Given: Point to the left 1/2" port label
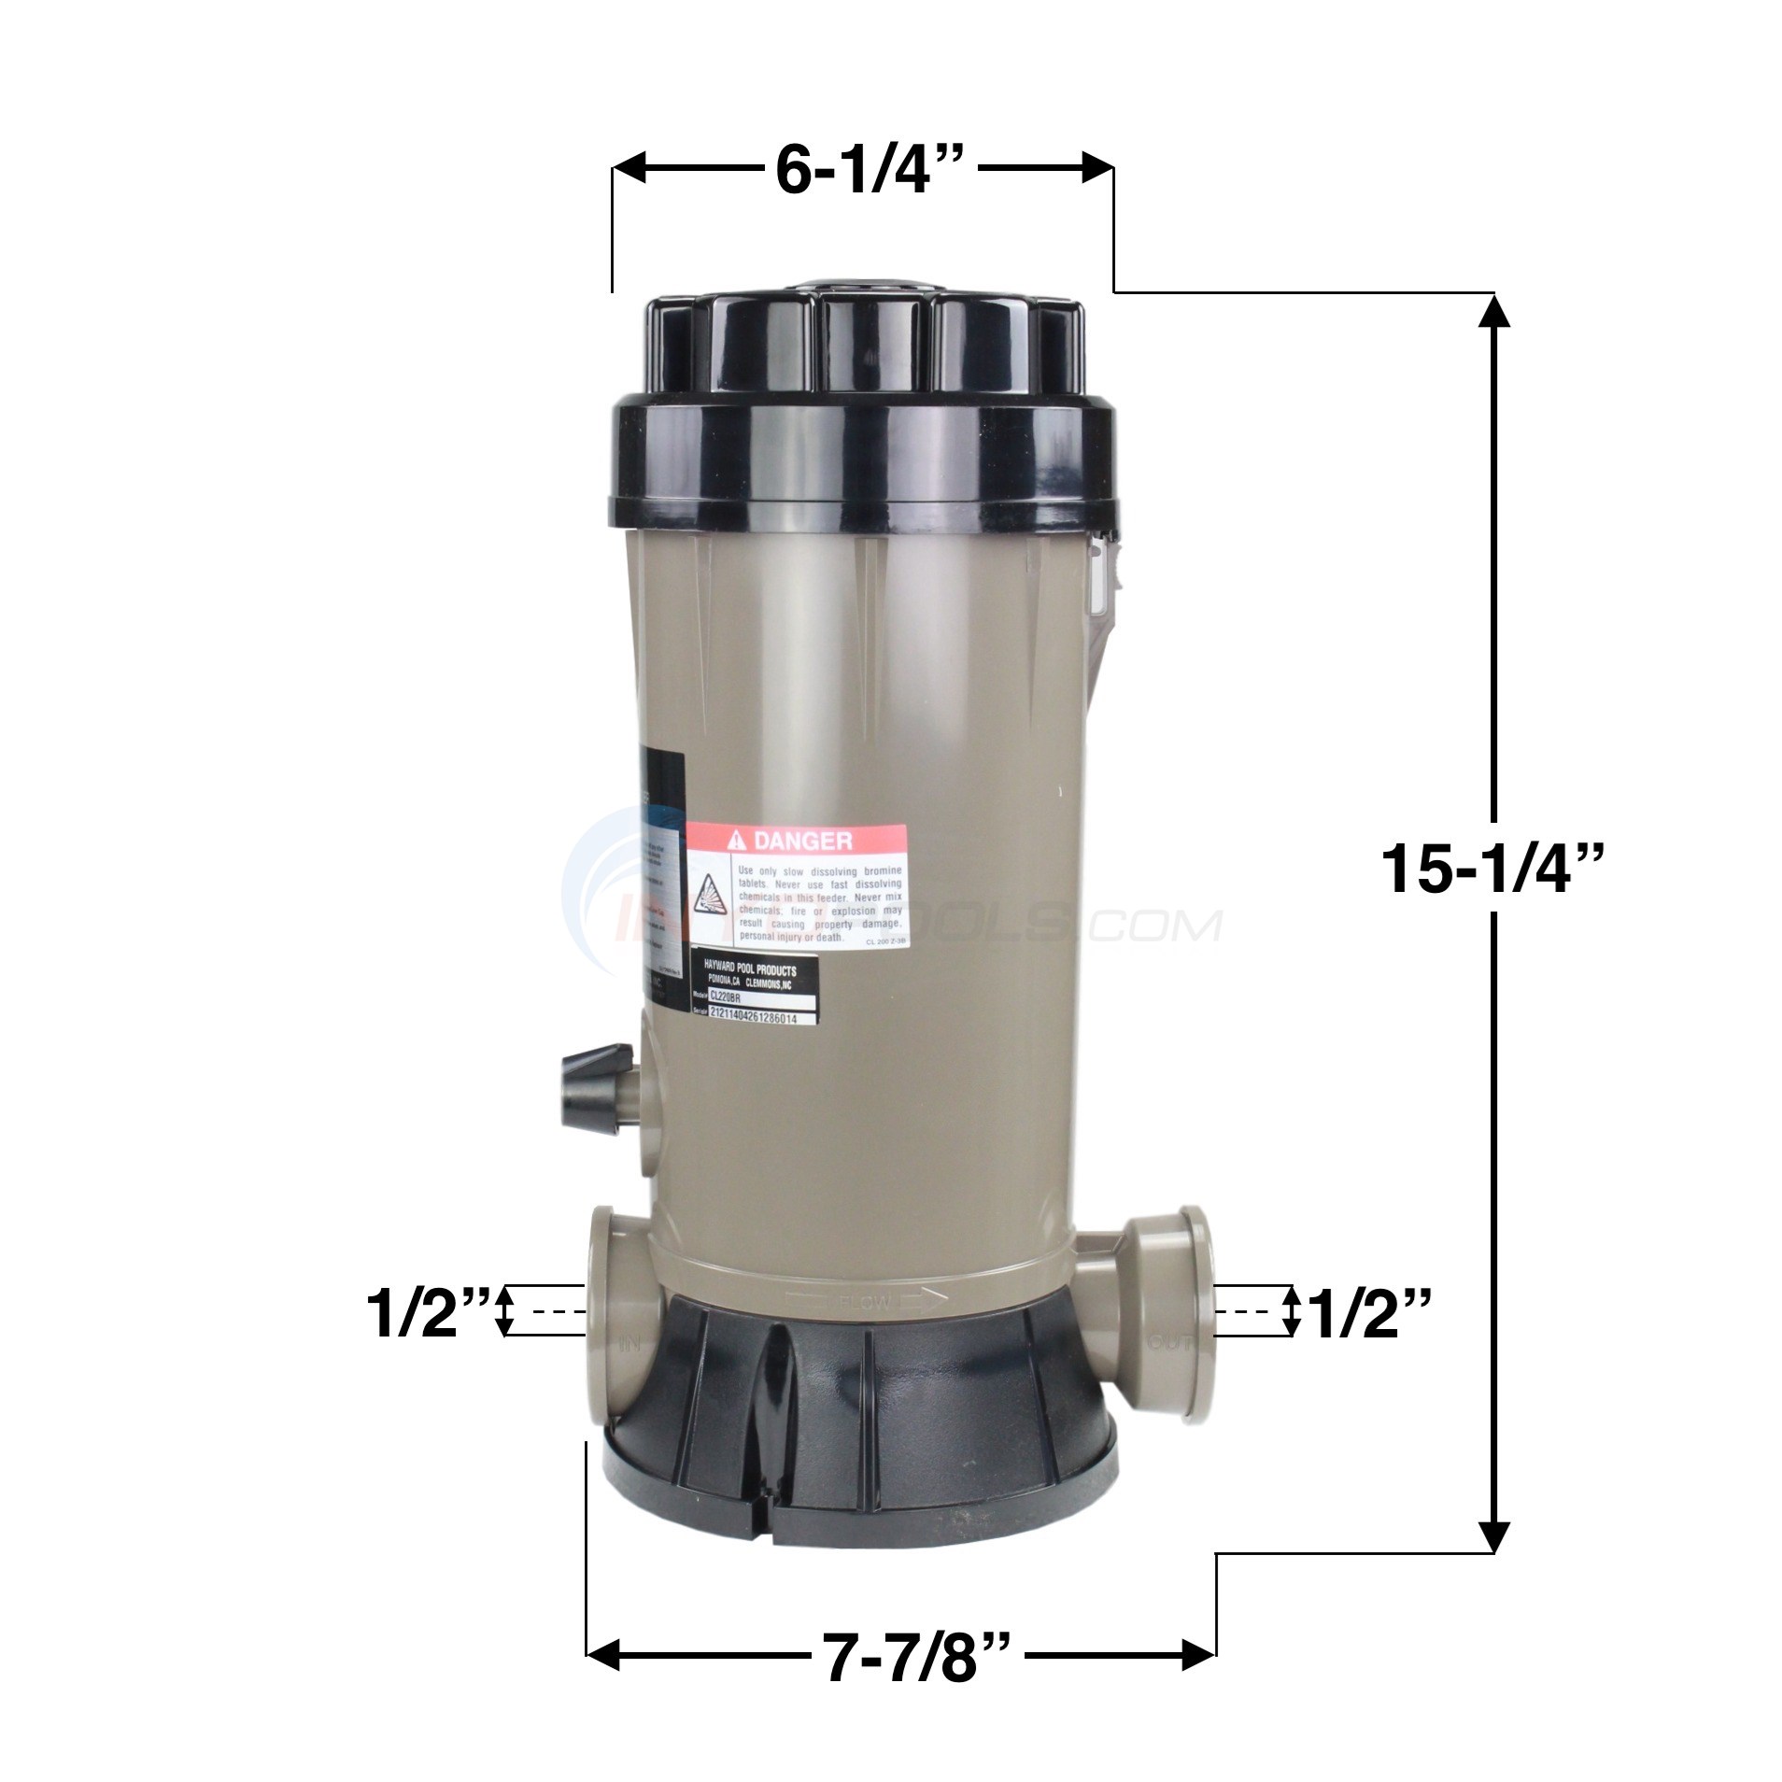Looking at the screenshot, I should (421, 1311).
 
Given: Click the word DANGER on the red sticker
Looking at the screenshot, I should (801, 841).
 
